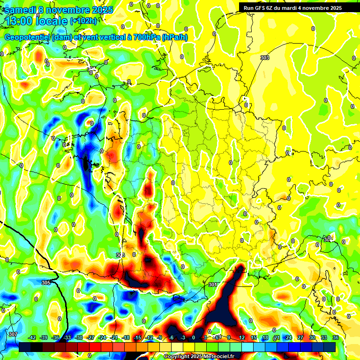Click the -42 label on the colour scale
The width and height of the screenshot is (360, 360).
click(x=32, y=337)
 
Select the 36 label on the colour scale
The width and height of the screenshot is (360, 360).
click(x=336, y=337)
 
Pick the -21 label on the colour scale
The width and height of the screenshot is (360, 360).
click(x=113, y=337)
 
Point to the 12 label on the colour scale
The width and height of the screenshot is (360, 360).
click(x=242, y=337)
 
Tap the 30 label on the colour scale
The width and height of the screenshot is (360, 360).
click(x=312, y=337)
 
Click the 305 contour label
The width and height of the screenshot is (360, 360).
click(x=45, y=283)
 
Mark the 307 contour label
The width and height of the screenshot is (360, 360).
click(x=13, y=334)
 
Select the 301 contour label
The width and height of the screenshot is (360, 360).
click(x=212, y=285)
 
